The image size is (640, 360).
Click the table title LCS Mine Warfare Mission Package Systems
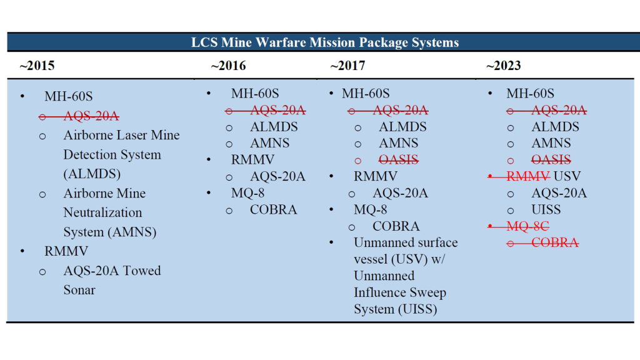click(324, 42)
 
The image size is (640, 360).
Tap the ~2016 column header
click(228, 66)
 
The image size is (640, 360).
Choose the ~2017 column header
click(347, 66)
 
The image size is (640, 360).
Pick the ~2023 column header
click(503, 66)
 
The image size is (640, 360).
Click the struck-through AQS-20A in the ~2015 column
click(91, 116)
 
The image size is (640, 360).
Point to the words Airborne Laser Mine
click(121, 135)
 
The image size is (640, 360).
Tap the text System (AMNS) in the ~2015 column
click(109, 232)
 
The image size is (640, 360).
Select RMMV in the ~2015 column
click(66, 251)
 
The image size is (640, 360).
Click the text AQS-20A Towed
click(112, 271)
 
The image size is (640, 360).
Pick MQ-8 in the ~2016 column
click(247, 193)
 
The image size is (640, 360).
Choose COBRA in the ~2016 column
click(273, 210)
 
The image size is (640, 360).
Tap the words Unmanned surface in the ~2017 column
click(406, 242)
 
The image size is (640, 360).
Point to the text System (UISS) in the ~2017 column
click(395, 309)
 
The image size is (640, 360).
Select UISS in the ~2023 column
click(546, 210)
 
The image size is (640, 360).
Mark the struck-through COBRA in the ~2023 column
click(554, 243)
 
